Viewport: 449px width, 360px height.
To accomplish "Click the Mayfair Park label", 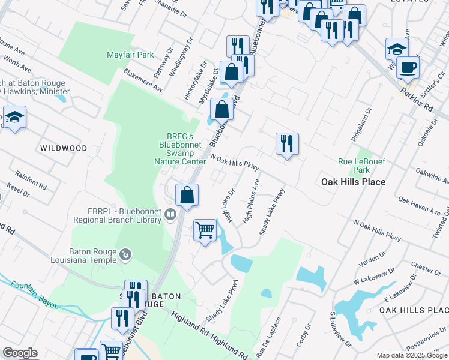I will tap(130, 55).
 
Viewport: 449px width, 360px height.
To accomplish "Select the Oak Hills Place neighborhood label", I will tap(353, 181).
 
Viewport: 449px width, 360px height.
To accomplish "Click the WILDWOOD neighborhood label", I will tap(63, 148).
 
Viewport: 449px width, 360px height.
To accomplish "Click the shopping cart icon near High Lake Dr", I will tap(205, 230).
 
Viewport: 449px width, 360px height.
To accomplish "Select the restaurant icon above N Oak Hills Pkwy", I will tap(287, 143).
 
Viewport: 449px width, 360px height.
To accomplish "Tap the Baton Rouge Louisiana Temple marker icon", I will tap(125, 255).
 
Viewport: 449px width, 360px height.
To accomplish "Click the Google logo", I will tap(19, 353).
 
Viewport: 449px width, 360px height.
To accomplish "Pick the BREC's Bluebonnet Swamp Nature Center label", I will tap(180, 148).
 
